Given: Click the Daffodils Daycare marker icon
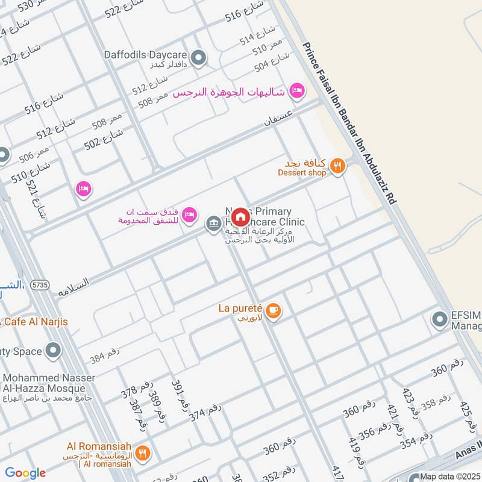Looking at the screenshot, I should [199, 58].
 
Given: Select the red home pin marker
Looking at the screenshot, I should [240, 216].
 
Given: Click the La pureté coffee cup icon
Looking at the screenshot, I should [274, 310].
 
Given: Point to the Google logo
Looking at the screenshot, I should [25, 474].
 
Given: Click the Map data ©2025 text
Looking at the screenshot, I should [451, 477].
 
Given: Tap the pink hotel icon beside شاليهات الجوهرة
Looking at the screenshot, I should [296, 91].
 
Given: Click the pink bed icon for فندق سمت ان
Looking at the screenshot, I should [189, 214].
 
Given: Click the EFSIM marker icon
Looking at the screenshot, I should [439, 319].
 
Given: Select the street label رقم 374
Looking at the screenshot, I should [205, 412].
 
